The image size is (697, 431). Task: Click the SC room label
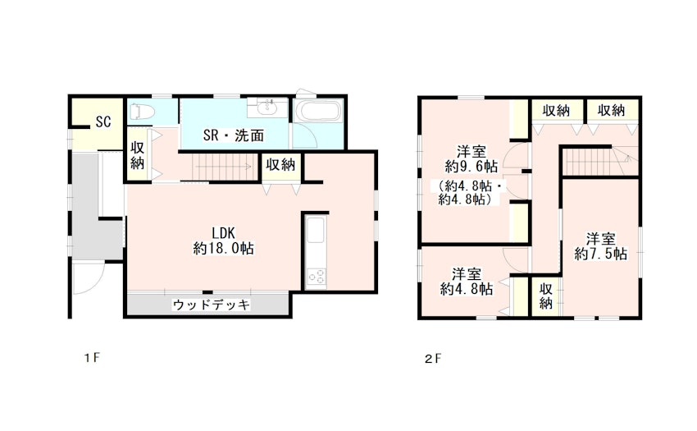(103, 122)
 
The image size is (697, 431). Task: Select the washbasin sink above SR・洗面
(268, 107)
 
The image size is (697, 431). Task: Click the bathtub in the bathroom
(318, 112)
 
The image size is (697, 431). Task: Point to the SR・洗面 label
(234, 135)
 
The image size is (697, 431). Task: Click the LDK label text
(223, 233)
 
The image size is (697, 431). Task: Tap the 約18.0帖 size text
(223, 249)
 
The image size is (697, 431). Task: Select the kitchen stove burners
(316, 277)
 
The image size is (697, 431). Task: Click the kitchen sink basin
(316, 231)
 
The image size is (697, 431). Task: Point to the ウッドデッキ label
(211, 305)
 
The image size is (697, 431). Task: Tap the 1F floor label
(93, 358)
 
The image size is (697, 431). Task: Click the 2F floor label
(433, 359)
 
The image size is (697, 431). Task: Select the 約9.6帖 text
(471, 167)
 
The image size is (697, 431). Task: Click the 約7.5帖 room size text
(600, 254)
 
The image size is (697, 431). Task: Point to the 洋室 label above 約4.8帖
(467, 273)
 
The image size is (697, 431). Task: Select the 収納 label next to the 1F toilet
(138, 155)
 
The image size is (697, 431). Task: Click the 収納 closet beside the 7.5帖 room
(546, 296)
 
